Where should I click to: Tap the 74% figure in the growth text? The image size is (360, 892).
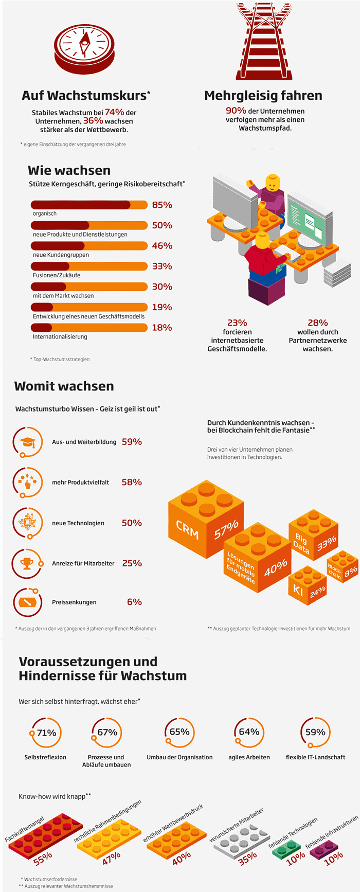[x=114, y=112]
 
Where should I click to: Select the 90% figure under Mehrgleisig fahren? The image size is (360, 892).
[x=236, y=111]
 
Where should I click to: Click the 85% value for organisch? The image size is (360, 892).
[x=162, y=205]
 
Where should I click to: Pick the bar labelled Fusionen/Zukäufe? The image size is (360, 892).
[x=89, y=266]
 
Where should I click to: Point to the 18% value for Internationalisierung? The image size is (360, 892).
[x=162, y=328]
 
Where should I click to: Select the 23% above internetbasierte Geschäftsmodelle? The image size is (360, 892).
[x=237, y=323]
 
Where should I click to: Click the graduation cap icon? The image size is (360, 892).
[x=26, y=442]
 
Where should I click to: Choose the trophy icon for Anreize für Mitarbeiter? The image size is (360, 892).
[x=26, y=563]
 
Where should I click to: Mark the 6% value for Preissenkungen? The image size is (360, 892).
[x=134, y=602]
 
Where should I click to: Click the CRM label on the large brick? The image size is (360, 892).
[x=187, y=529]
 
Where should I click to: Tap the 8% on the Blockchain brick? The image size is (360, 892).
[x=351, y=572]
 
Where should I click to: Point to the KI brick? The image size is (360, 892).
[x=307, y=586]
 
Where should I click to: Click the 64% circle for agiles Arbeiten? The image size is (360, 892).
[x=249, y=732]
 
